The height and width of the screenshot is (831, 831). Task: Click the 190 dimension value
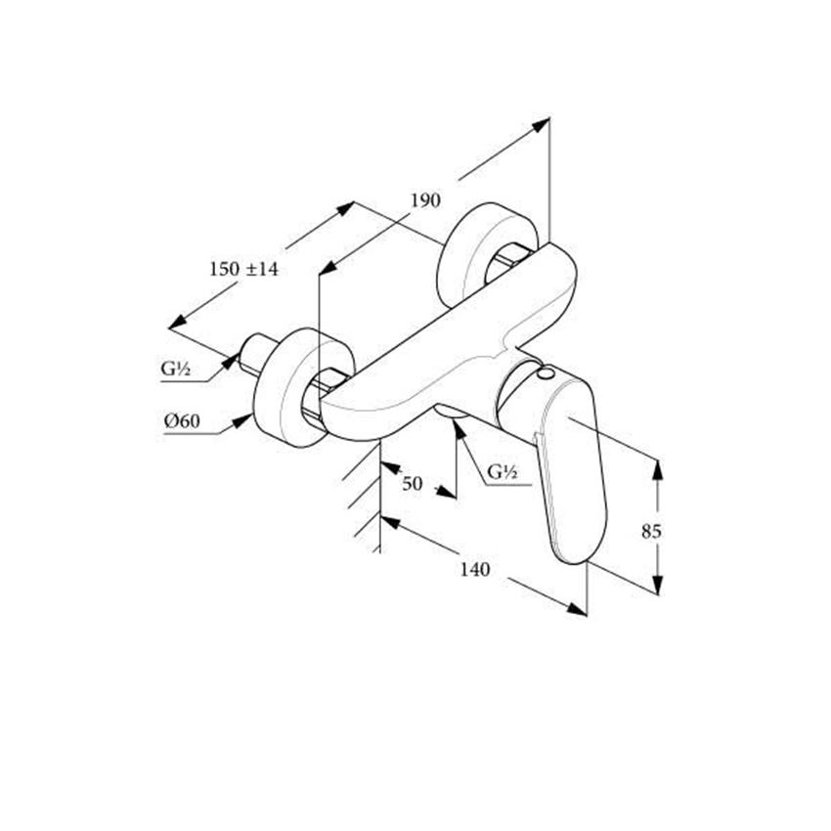coord(425,201)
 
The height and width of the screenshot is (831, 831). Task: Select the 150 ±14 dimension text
coord(243,269)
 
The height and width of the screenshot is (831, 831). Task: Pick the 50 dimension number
coord(412,483)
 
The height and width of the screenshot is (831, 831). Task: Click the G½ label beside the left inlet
coord(176,369)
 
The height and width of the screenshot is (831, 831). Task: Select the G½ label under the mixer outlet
coord(502,472)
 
